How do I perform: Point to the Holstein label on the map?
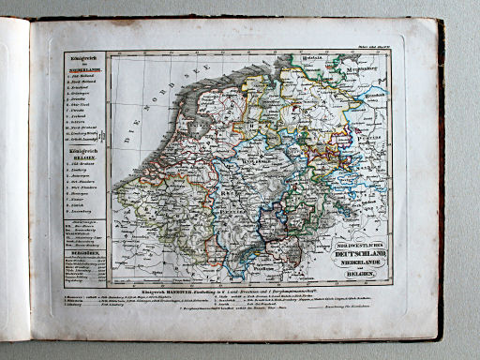pos(337,58)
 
